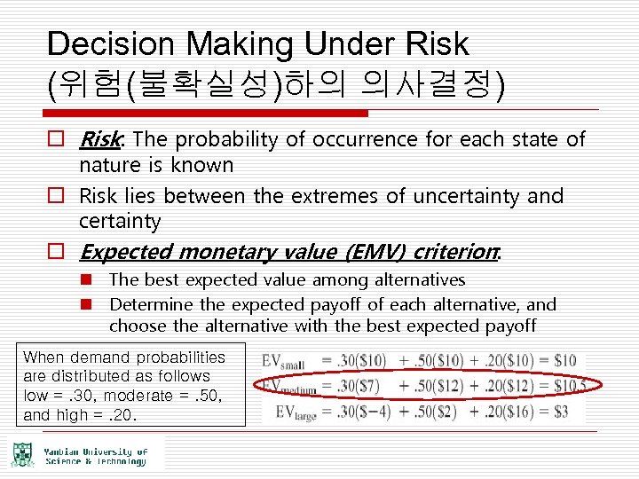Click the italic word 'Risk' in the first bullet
click(x=100, y=139)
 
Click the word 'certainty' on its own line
click(x=120, y=220)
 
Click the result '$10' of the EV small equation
click(x=564, y=360)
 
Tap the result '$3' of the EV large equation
click(x=560, y=411)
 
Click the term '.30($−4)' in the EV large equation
click(x=361, y=411)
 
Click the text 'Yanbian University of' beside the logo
click(x=95, y=452)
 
